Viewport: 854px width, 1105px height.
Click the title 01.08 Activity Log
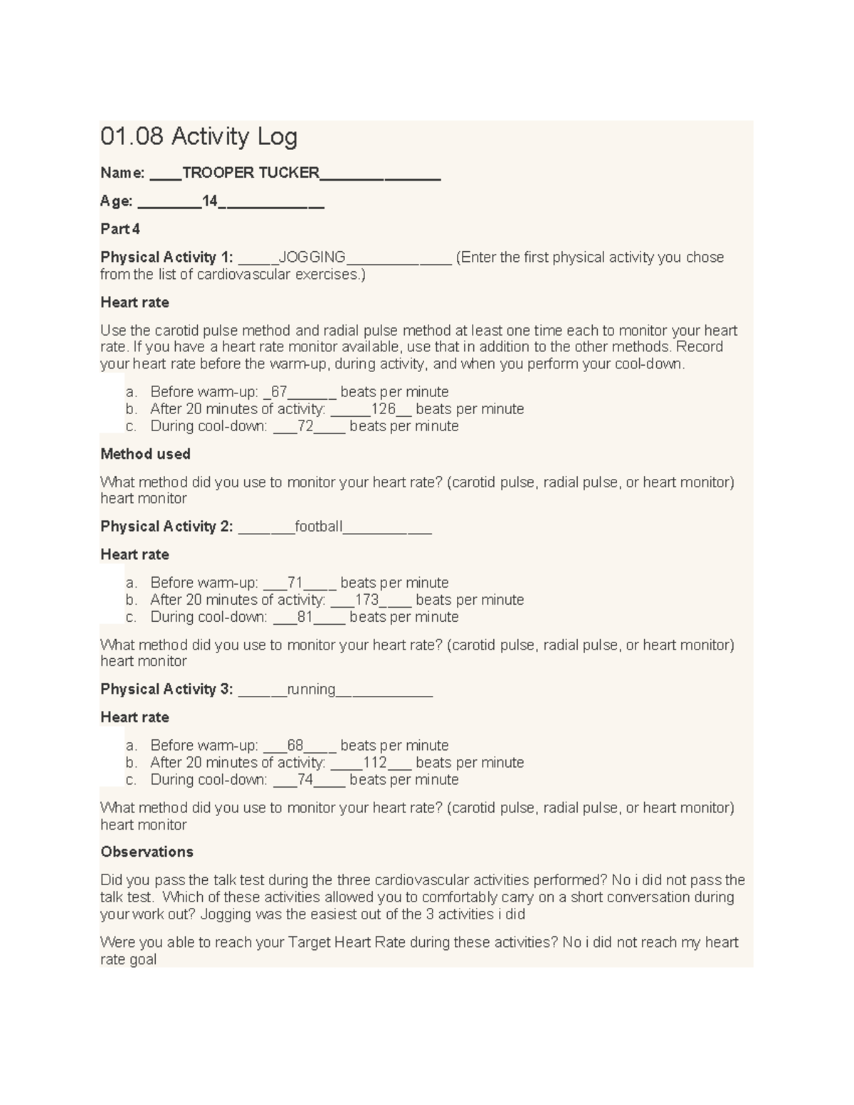199,136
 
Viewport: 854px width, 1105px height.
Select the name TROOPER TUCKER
251,173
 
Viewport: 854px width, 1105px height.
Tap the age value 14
210,201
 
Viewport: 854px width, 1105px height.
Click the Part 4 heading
120,229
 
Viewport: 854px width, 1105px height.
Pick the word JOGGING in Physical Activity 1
312,257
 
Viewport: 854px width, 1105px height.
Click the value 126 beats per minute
383,409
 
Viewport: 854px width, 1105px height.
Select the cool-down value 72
305,426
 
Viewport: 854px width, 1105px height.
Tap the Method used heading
145,454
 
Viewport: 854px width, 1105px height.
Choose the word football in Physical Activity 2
318,527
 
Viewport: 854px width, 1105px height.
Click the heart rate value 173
367,600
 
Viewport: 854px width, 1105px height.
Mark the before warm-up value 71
295,583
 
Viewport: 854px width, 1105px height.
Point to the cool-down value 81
305,617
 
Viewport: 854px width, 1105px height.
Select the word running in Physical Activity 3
311,689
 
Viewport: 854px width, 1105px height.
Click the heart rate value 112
374,763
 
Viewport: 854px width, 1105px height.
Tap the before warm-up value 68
295,746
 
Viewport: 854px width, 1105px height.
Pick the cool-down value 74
305,780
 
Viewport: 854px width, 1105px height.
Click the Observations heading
147,852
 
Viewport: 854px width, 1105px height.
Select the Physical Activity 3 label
166,689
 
